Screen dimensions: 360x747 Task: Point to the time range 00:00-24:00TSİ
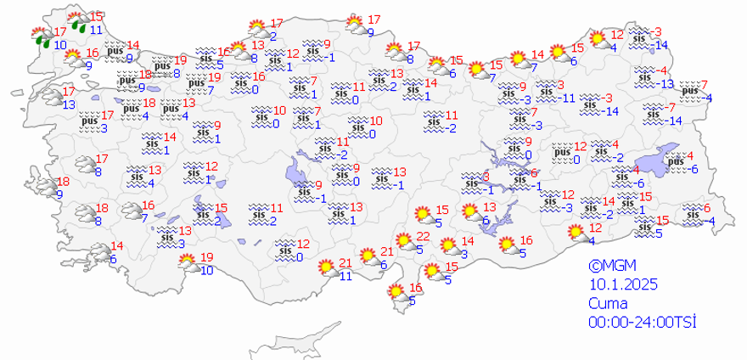(643, 322)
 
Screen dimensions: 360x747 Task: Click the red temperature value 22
(423, 236)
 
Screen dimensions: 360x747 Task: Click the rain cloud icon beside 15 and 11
(77, 22)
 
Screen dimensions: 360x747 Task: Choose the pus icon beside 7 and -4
(689, 90)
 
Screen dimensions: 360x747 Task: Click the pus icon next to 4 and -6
(675, 161)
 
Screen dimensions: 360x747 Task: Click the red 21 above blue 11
(345, 262)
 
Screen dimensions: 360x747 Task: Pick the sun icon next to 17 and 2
(256, 29)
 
